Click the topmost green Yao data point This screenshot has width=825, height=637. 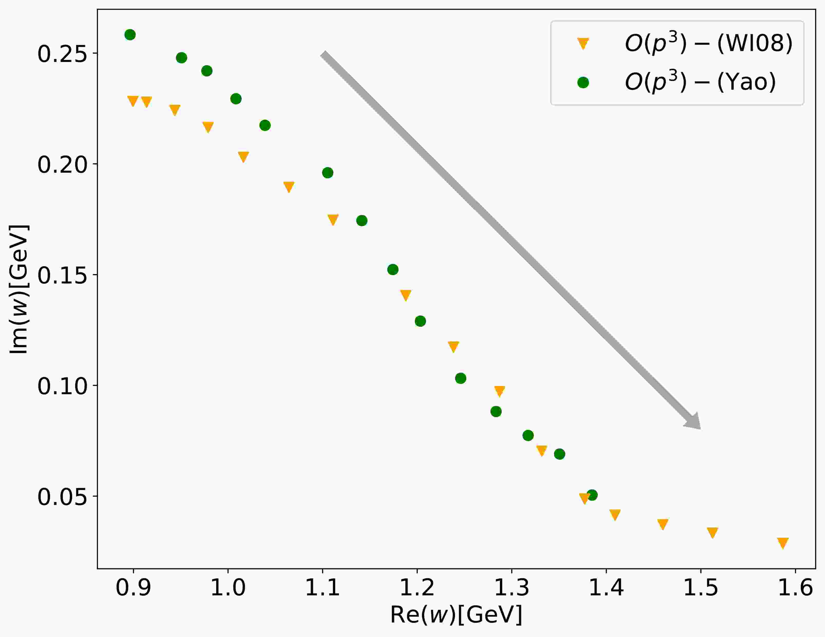point(130,35)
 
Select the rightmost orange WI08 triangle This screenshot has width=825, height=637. point(783,543)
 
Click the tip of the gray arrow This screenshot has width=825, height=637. point(700,429)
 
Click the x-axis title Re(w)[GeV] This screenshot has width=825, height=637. point(456,615)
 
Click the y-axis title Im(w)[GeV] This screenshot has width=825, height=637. point(19,289)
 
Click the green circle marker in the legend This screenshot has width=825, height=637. point(583,82)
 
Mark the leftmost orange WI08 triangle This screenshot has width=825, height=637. point(132,101)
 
